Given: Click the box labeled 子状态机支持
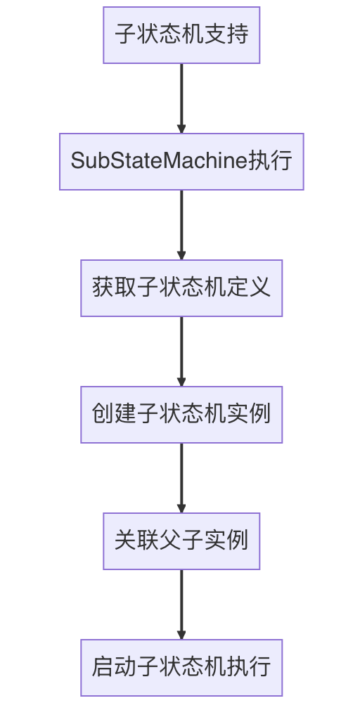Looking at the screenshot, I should coord(181,35).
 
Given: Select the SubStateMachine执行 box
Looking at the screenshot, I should coord(181,162).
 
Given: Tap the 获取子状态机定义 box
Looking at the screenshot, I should coord(181,288).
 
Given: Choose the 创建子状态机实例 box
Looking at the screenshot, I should coord(181,415).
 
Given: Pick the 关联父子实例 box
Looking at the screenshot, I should coord(181,541).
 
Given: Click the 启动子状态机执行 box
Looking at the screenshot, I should coord(181,668).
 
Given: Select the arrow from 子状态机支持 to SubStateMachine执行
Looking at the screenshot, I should coord(181,98).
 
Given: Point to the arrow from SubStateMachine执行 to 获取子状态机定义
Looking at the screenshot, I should coord(181,224).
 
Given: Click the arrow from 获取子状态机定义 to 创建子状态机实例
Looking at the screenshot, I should coord(181,351).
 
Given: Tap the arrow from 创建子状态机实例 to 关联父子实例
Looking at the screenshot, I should coord(181,477).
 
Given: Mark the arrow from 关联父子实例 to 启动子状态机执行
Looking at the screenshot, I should coord(181,604).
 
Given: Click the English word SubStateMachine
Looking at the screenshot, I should coord(159,162).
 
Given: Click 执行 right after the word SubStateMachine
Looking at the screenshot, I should coord(271,162).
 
